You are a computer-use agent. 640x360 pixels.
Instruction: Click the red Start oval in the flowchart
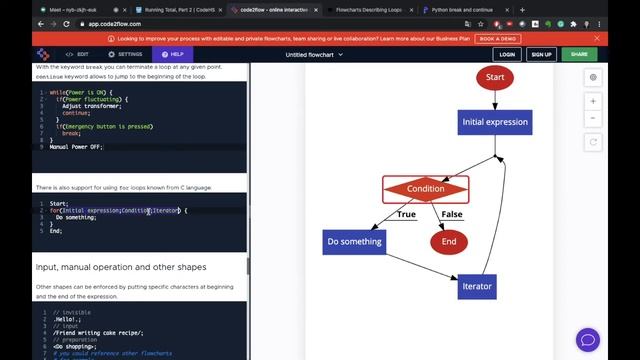coord(494,77)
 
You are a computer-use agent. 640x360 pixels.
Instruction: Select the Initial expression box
coord(494,122)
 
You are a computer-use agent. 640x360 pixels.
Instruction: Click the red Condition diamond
coord(426,188)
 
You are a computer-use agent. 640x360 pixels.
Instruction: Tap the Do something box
coord(354,241)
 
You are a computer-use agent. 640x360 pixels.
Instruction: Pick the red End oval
coord(449,241)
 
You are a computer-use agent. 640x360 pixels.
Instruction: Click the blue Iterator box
coord(477,286)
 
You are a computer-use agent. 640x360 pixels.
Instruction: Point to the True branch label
coord(406,214)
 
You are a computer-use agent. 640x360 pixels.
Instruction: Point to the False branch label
coord(452,214)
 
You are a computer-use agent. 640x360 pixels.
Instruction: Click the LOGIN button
coord(507,54)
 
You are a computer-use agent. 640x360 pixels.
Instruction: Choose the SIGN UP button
coord(542,54)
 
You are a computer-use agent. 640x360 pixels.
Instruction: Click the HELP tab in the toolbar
coord(172,54)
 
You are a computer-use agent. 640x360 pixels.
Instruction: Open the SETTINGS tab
coord(126,54)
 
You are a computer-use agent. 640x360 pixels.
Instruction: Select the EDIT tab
coord(78,54)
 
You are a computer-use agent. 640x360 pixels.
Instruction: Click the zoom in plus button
coord(593,101)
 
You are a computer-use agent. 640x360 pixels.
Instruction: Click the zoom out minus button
coord(593,118)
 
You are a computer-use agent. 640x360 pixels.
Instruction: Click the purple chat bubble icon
coord(587,340)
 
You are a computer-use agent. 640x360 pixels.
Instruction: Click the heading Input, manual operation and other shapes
coord(121,267)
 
